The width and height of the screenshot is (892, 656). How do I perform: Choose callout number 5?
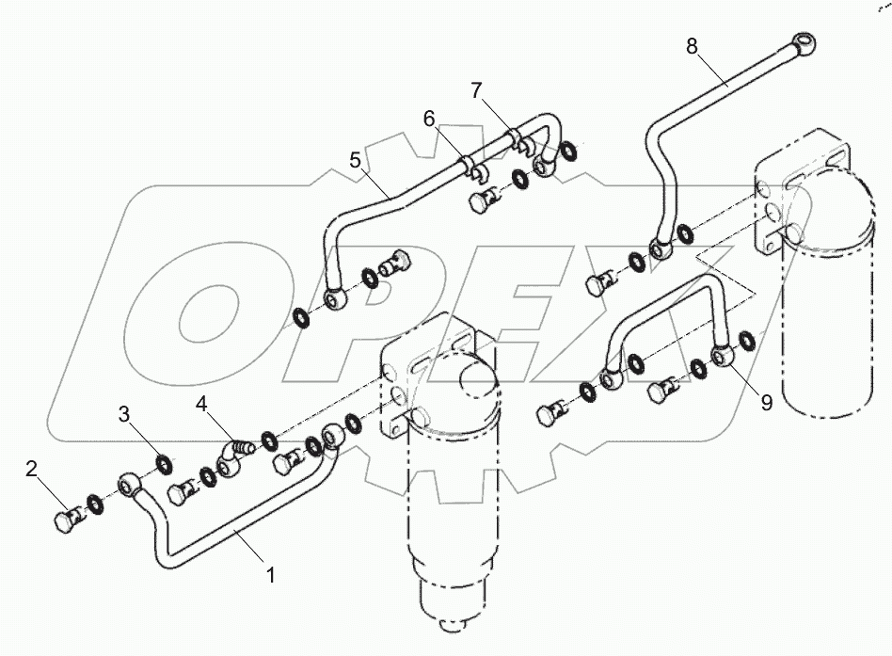click(x=356, y=161)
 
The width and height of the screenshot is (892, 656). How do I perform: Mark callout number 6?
click(x=429, y=119)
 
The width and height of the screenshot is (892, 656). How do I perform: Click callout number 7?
click(x=477, y=90)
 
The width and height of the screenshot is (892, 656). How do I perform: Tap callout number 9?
click(x=766, y=402)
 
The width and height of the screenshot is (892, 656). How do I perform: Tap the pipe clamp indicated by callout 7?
click(x=521, y=141)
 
